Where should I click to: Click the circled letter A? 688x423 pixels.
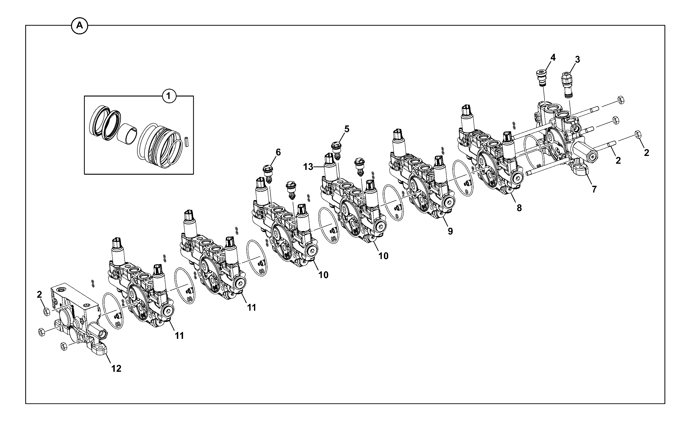click(80, 26)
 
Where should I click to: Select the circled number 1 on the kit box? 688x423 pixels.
click(169, 96)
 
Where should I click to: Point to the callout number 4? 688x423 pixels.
click(553, 57)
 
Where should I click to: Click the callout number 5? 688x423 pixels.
click(347, 129)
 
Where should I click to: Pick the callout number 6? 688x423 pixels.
click(278, 152)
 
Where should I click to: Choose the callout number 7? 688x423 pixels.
click(594, 189)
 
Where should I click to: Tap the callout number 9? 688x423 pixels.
click(450, 231)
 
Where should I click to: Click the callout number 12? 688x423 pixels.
click(116, 369)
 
